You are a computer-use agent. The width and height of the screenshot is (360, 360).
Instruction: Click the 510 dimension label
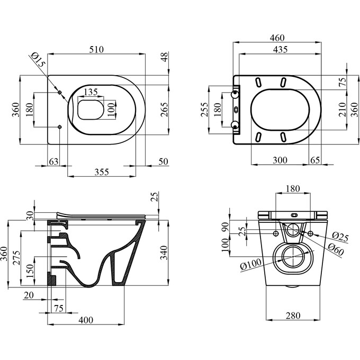tap(96, 49)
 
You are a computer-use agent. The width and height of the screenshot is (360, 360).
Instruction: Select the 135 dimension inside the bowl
tap(91, 92)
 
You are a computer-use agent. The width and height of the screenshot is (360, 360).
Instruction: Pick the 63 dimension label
tap(52, 160)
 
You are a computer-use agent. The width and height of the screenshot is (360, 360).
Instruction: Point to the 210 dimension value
tap(343, 110)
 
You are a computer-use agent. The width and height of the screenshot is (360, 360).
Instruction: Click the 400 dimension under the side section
tap(86, 320)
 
